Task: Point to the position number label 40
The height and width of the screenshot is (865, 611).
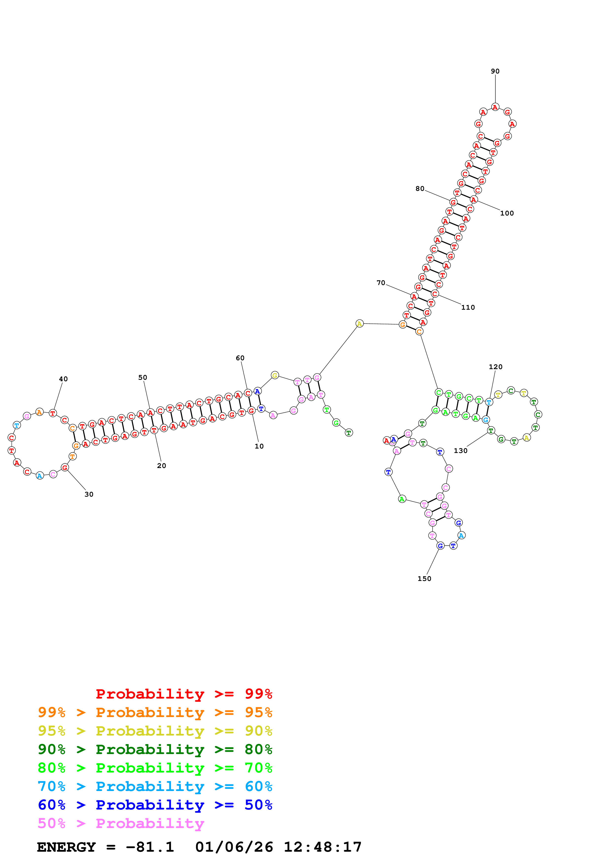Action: pos(63,379)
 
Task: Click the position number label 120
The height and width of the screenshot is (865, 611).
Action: pos(495,367)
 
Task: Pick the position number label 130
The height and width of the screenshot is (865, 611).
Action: pos(460,451)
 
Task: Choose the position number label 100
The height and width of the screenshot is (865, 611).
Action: pos(507,213)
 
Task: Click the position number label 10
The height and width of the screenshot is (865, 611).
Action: pos(259,446)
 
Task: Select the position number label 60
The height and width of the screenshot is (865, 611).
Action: pos(240,358)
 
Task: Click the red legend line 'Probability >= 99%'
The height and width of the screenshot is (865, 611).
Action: pos(184,694)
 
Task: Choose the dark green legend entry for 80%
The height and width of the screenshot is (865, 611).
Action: pos(155,749)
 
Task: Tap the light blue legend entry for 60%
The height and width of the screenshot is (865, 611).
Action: pos(155,786)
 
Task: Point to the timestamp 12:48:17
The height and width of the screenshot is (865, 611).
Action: pos(322,847)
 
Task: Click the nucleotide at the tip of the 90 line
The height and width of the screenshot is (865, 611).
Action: pos(495,107)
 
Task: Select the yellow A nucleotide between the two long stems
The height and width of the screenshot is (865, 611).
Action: pos(360,324)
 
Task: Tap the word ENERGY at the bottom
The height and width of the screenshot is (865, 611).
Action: pos(66,847)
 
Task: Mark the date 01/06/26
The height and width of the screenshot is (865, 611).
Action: pos(234,847)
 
